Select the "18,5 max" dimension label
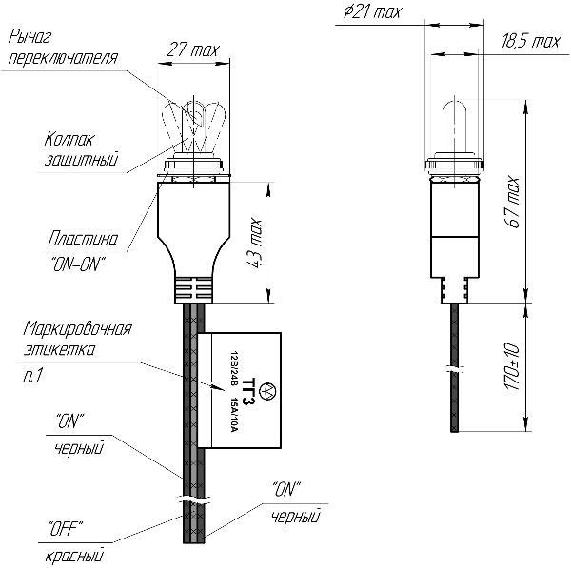[x=529, y=41]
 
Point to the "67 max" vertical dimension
[x=513, y=200]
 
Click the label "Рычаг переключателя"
[x=62, y=49]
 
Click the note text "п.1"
[x=33, y=378]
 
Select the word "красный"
[x=74, y=555]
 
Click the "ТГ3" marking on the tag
[x=250, y=391]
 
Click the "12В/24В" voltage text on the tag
[x=234, y=368]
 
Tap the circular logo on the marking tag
[x=266, y=391]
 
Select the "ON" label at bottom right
[x=286, y=489]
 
